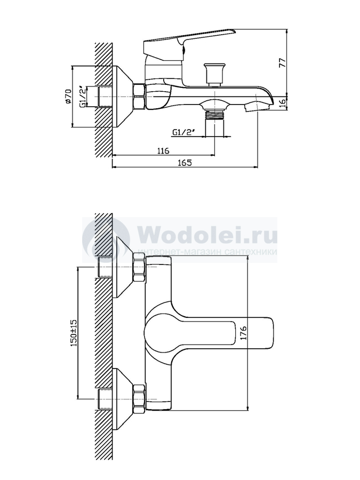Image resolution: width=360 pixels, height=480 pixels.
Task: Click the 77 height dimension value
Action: coord(283,62)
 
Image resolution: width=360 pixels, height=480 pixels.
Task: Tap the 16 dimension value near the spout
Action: coord(283,102)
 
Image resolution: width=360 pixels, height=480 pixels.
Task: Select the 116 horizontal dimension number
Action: coord(163,150)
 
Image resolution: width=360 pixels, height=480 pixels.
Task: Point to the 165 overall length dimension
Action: coord(185,163)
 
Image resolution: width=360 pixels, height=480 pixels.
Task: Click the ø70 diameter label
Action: coord(68,96)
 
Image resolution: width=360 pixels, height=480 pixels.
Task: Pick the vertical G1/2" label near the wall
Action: coord(83,97)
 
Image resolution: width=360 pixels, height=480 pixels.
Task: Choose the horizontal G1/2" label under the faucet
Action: coord(184,132)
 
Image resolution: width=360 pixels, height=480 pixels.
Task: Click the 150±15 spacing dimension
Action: coord(74,332)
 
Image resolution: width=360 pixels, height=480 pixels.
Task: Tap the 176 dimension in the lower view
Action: coord(243,333)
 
